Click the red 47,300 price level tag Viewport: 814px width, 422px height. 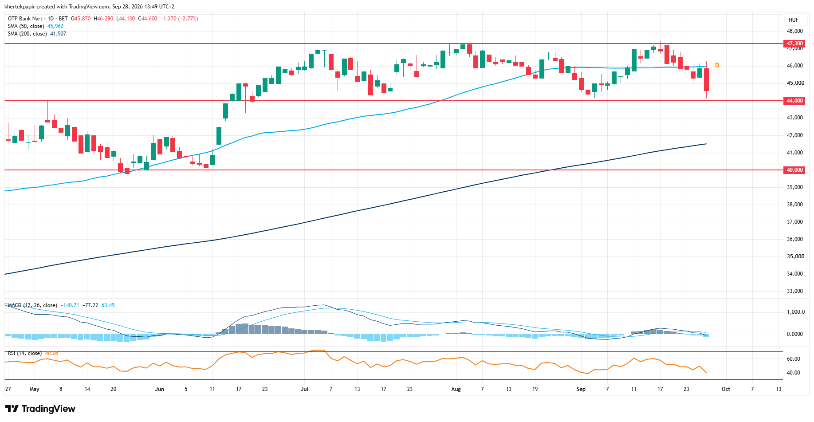coord(794,43)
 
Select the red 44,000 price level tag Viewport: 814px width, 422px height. coord(794,101)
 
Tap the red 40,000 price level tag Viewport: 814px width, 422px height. coord(794,170)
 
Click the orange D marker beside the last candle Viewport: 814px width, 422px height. coord(717,65)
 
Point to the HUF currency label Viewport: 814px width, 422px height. coord(794,20)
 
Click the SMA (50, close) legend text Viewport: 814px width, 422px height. coord(26,26)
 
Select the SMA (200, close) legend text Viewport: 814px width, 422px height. coord(27,34)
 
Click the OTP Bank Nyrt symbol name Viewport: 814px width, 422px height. coord(25,19)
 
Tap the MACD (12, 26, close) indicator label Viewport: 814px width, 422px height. coord(32,305)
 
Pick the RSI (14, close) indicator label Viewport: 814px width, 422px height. coord(25,353)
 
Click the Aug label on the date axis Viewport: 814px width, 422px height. coord(456,389)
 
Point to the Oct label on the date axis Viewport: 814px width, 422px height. coord(726,389)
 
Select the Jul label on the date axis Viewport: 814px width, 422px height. coord(304,389)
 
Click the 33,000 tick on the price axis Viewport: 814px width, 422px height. coord(795,291)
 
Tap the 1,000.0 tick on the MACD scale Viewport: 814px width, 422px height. coord(795,312)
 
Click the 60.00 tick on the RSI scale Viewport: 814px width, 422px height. coord(793,359)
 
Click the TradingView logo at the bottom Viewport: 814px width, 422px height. coord(40,409)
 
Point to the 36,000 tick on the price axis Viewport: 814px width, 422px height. coord(795,239)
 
